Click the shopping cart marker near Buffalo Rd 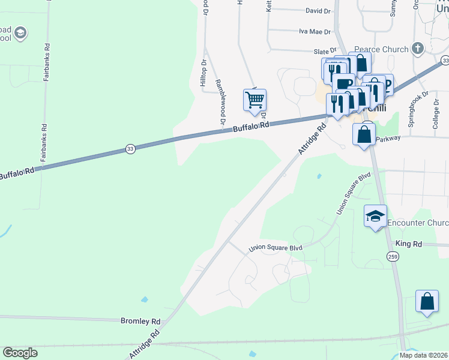(x=255, y=100)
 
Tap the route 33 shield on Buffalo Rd (x=130, y=149)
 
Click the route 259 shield (x=393, y=257)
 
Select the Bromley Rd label (x=141, y=321)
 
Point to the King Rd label (x=409, y=244)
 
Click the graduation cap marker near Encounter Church (x=375, y=216)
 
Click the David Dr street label (x=318, y=11)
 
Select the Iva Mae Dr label (x=315, y=31)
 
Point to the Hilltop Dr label (x=204, y=72)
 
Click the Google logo (x=20, y=353)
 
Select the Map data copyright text (x=424, y=355)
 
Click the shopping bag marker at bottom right (x=427, y=302)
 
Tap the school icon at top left (x=20, y=33)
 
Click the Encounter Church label (x=418, y=223)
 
